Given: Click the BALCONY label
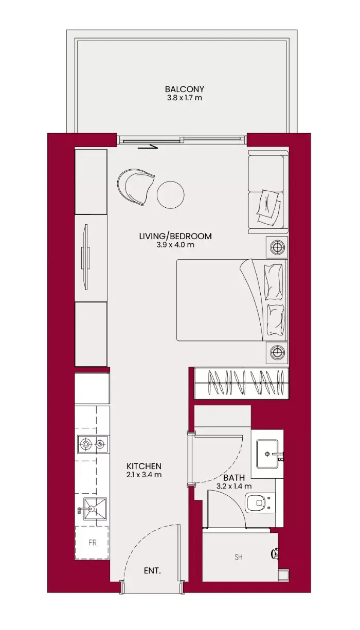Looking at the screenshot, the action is point(185,89).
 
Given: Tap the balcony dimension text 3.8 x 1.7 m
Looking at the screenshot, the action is point(185,98).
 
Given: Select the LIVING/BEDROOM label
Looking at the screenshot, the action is point(175,236).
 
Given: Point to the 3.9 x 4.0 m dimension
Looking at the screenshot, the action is point(175,245).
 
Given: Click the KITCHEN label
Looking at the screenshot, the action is point(144,466).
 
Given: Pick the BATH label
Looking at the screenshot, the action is point(234,478).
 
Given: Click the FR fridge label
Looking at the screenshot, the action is point(92,543).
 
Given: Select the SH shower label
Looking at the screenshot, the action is point(239,557).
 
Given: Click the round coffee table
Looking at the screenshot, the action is point(170,194).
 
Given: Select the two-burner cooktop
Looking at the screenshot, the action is point(93,444).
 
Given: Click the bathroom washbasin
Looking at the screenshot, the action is point(267,454).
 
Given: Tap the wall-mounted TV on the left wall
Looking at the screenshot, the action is point(85,257).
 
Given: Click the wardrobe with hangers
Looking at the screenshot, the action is point(242,383).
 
